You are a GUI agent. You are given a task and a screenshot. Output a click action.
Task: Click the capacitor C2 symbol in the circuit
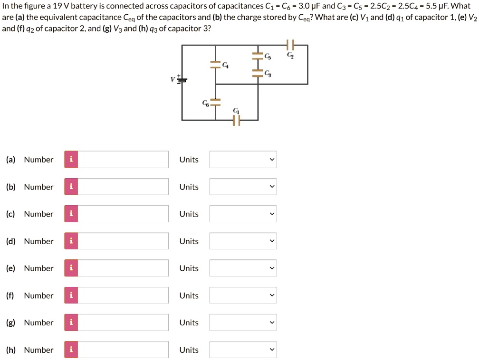coord(291,45)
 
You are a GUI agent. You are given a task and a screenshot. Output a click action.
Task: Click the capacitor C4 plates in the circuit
coord(216,65)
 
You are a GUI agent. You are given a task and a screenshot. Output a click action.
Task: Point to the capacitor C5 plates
coord(258,56)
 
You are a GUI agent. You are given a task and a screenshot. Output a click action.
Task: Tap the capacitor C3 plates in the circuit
coord(258,73)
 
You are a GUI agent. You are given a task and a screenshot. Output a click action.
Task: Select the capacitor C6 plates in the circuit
coord(216,102)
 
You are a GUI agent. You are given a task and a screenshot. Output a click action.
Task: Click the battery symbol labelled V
coord(181,79)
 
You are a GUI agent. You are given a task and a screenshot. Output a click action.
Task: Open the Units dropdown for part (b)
coord(243,187)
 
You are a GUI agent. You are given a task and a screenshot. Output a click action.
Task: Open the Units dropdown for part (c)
coord(243,214)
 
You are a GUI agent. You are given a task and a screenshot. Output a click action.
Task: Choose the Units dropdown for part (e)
coord(243,268)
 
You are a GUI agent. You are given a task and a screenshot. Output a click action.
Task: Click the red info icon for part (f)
coord(71,295)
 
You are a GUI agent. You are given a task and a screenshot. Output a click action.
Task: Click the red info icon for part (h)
coord(71,350)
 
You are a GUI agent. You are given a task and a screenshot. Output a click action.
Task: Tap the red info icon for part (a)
coord(71,160)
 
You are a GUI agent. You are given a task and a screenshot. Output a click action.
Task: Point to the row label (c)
coord(10,214)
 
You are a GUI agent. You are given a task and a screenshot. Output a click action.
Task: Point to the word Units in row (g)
coord(189,323)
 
